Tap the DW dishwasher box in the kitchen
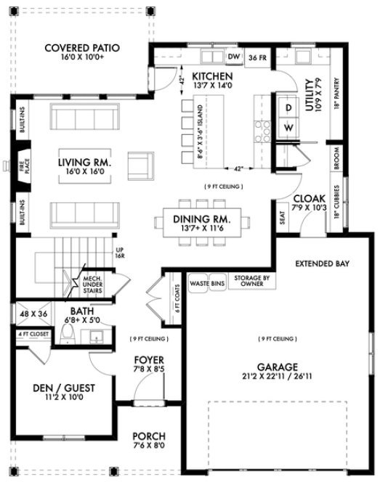click(x=234, y=57)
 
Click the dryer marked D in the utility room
click(x=288, y=107)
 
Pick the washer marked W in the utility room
click(x=288, y=127)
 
